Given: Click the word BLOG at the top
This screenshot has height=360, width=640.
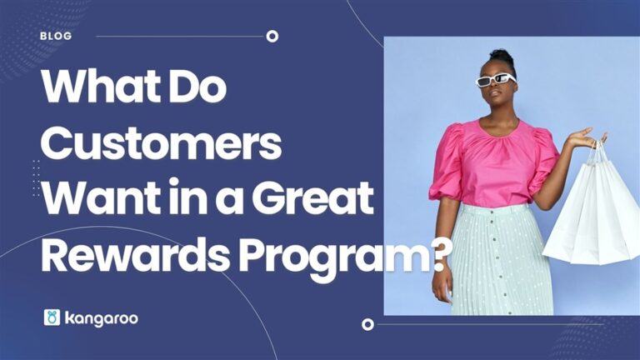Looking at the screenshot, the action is [56, 36].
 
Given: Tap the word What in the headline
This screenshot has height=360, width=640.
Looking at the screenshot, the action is [100, 87].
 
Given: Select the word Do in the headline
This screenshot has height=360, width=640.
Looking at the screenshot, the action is [197, 87].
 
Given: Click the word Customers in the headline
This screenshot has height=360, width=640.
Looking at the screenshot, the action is [161, 144].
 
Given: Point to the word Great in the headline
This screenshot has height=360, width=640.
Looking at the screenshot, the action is [312, 197].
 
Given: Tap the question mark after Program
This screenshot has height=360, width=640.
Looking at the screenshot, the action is [438, 255].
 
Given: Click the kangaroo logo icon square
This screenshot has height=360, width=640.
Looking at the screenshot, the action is [52, 317].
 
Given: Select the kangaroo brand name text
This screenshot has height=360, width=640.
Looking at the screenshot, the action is [101, 319].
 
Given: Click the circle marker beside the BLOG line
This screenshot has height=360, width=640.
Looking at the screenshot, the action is [272, 37].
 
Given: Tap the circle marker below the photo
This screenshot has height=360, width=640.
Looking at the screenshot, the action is [367, 324].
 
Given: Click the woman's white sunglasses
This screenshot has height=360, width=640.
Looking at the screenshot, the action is [496, 80].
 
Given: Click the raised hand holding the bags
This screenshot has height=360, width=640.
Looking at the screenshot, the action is [587, 137].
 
